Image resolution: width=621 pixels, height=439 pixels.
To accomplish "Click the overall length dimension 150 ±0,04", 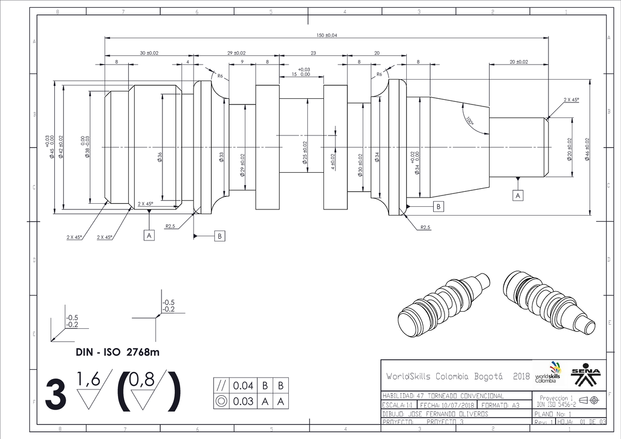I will click(327, 35).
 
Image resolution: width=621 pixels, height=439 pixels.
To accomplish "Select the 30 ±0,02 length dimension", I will click(149, 53).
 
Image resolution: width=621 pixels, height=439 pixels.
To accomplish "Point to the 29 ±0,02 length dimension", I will click(236, 53).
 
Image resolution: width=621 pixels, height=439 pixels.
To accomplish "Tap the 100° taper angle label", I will click(469, 121).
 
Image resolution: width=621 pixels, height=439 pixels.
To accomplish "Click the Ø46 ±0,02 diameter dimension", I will click(587, 149).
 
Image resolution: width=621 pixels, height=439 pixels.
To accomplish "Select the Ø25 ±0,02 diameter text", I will click(305, 154).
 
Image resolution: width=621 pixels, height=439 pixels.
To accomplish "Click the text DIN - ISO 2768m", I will click(118, 353).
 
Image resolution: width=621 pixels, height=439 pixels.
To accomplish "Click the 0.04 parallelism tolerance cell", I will click(243, 386).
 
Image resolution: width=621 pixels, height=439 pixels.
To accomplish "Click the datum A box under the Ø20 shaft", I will click(517, 195).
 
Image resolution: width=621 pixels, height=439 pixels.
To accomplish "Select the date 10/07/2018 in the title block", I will click(455, 405).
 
